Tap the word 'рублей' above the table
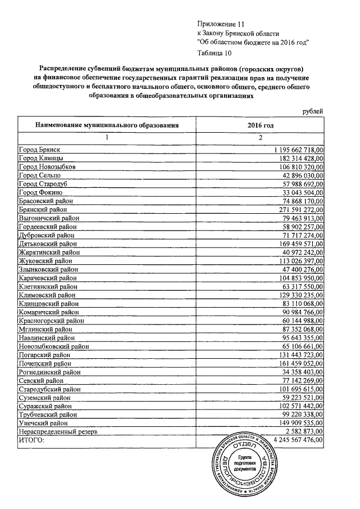point(313,111)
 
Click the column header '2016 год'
point(260,125)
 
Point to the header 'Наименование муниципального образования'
point(107,125)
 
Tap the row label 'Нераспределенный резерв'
point(58,431)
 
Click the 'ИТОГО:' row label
point(31,440)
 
